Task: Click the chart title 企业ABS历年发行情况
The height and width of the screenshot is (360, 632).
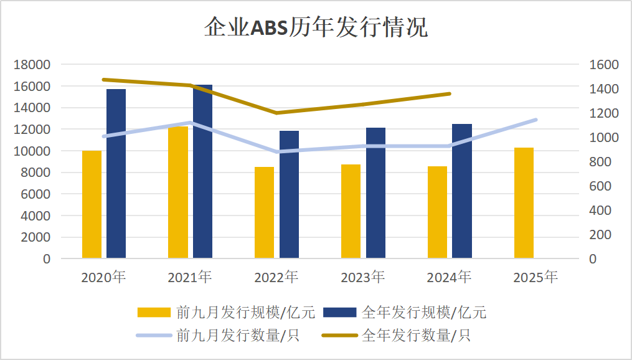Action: (316, 28)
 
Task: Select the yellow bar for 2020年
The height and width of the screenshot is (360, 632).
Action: (92, 204)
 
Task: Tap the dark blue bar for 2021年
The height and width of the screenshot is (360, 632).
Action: (202, 171)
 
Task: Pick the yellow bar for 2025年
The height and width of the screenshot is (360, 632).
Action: (524, 202)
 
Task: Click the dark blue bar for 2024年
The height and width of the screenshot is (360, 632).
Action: (462, 191)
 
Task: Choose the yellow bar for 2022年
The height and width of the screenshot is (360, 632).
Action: (264, 212)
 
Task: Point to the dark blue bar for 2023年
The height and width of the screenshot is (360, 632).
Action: (375, 192)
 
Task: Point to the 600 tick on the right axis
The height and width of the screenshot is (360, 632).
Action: (600, 186)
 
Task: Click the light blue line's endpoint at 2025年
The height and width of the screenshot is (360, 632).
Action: (535, 120)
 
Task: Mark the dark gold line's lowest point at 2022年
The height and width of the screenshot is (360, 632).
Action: (276, 113)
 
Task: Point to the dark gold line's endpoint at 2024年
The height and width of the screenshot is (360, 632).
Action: (450, 94)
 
